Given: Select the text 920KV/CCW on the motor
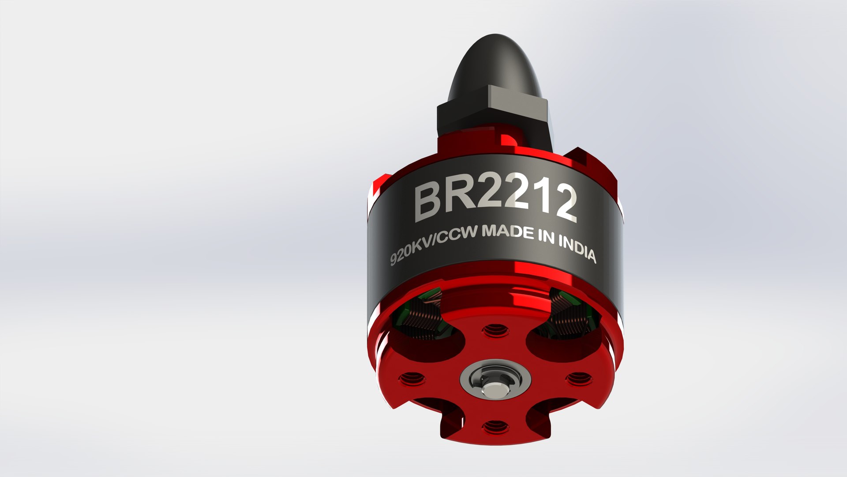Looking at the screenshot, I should tap(434, 247).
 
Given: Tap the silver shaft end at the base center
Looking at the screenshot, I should tap(493, 390).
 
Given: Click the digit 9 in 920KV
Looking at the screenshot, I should tap(394, 260).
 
